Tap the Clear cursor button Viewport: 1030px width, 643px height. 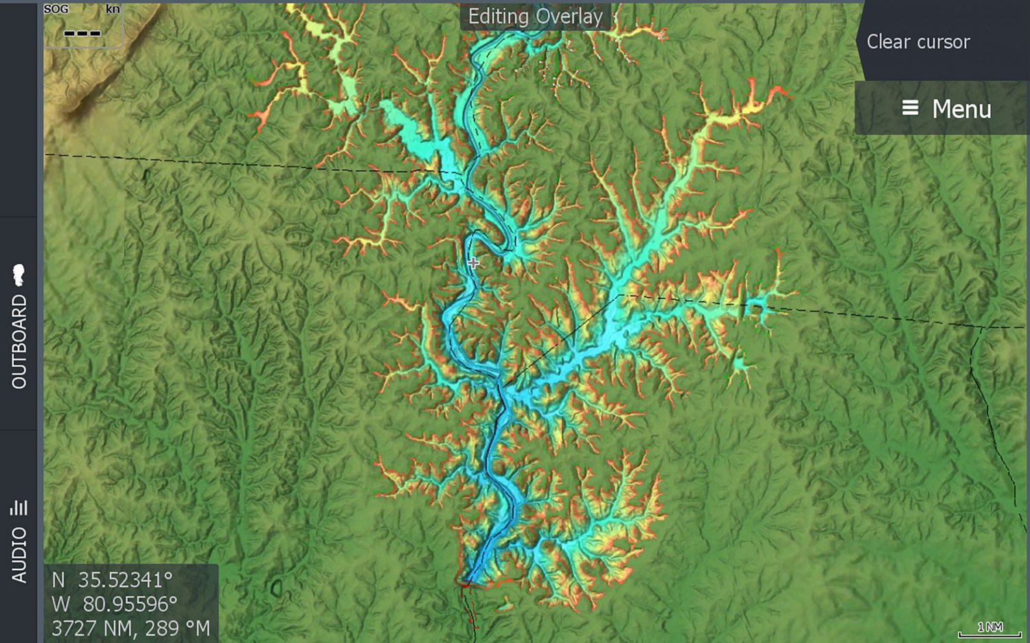917,42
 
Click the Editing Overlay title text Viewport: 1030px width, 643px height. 535,16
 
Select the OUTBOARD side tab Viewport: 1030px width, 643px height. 19,341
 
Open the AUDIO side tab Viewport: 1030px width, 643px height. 19,555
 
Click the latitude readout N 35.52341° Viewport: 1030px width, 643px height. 112,580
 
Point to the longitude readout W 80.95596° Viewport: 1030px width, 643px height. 114,604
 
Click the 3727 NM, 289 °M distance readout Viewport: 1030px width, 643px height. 130,628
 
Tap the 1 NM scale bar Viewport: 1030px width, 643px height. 989,629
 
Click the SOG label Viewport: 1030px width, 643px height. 56,9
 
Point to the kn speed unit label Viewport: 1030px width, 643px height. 113,9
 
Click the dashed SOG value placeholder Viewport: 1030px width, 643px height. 82,33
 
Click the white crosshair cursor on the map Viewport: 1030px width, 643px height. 473,262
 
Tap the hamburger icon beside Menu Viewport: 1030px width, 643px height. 910,108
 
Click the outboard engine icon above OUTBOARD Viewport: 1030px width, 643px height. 19,275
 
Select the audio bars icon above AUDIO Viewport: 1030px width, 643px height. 19,507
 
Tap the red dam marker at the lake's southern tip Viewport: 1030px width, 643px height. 466,584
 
